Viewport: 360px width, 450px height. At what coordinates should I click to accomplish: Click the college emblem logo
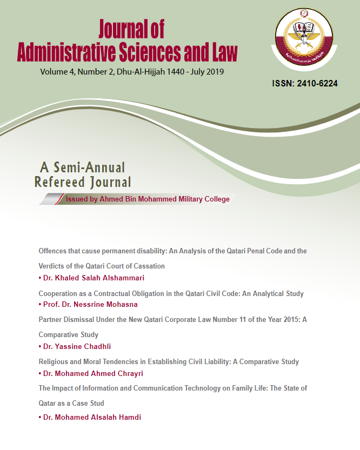point(306,38)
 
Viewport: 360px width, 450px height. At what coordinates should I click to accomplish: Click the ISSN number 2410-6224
point(305,84)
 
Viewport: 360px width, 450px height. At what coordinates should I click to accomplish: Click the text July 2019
point(206,72)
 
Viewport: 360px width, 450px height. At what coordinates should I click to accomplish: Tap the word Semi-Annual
point(90,167)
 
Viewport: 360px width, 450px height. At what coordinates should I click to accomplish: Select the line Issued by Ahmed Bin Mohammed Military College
point(147,199)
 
